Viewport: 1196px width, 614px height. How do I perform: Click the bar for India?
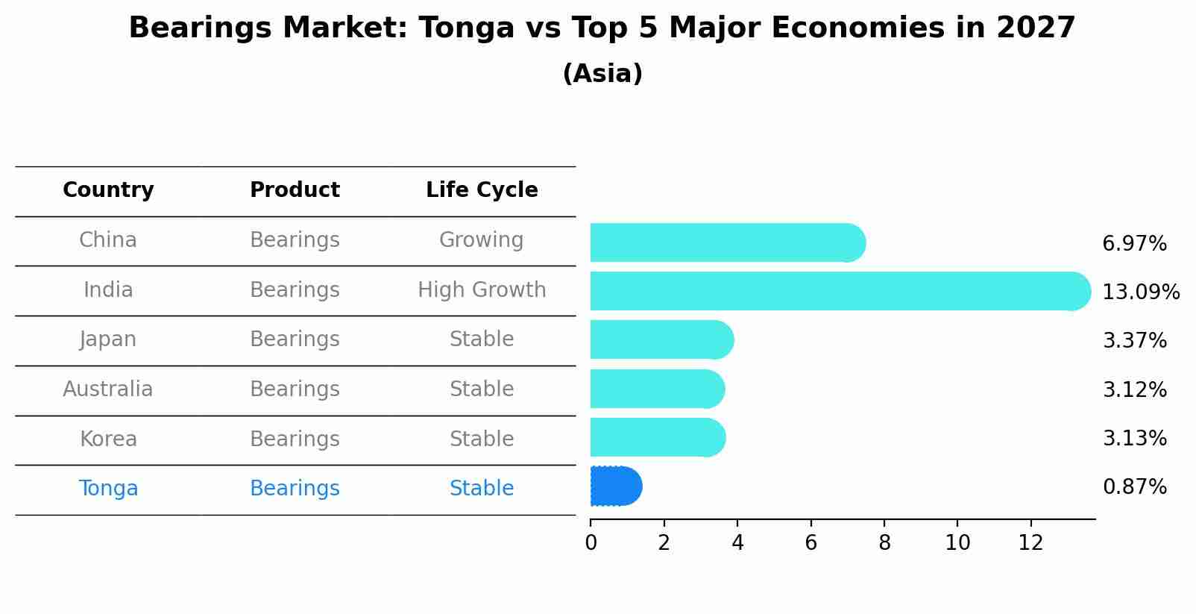[840, 291]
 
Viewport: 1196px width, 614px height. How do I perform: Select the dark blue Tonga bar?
[616, 486]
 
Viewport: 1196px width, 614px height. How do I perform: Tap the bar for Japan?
[662, 340]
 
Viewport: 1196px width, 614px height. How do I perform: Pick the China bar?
[728, 242]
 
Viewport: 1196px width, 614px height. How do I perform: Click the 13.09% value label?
[1141, 292]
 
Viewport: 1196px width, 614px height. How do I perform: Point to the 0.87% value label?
[1135, 487]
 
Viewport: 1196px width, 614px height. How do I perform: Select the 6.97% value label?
[1135, 244]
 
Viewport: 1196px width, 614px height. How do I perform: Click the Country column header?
[108, 189]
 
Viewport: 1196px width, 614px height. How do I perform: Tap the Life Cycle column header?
[482, 189]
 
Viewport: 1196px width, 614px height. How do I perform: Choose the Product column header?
[295, 189]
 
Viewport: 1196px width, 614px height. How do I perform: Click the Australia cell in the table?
[108, 389]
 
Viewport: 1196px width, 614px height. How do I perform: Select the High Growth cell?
[482, 290]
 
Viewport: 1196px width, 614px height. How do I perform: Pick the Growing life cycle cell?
[482, 240]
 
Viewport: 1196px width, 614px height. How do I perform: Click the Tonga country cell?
[108, 489]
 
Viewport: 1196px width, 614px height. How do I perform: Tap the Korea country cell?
[108, 439]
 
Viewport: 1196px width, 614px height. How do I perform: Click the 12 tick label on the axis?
[1030, 543]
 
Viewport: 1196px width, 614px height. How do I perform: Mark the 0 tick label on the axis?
[591, 543]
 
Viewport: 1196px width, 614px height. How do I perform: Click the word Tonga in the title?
[467, 28]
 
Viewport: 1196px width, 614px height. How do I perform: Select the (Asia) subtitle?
[602, 74]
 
